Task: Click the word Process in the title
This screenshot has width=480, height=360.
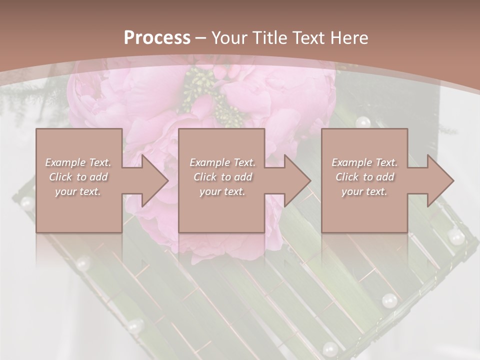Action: (x=157, y=37)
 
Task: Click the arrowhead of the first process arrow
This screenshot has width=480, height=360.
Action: (x=155, y=180)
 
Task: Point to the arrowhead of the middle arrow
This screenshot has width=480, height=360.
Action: (x=297, y=180)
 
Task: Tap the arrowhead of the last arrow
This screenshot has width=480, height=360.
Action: (x=440, y=180)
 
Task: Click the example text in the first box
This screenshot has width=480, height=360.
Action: (x=78, y=177)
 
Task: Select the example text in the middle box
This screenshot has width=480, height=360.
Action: (x=222, y=177)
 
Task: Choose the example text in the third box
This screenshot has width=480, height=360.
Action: (x=364, y=177)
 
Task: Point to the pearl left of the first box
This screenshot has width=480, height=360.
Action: (x=26, y=203)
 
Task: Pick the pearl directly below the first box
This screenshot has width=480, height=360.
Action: (x=83, y=262)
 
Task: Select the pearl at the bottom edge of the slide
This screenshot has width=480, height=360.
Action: (x=329, y=348)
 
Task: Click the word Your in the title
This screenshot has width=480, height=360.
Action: (x=228, y=37)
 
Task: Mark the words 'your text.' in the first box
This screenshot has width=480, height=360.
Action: (x=78, y=191)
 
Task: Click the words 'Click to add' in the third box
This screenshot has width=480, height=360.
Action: (x=364, y=177)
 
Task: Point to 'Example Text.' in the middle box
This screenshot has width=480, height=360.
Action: (x=222, y=162)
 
